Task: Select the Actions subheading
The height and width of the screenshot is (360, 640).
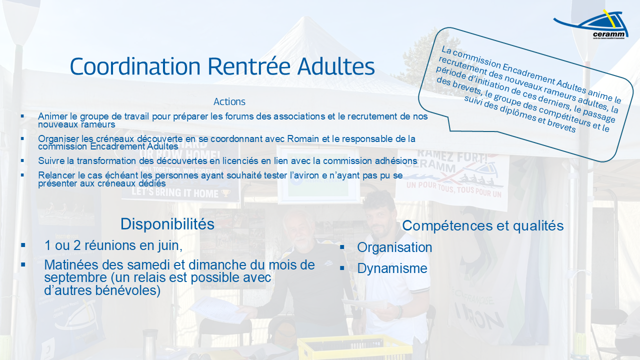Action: (229, 101)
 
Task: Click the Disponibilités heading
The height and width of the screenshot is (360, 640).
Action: (167, 224)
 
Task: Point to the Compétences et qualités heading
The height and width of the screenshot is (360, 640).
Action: (482, 226)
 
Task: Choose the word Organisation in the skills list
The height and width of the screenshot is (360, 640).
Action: (394, 247)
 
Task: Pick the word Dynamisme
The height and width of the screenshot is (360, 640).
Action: (392, 268)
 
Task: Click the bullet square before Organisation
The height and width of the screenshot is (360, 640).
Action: (342, 247)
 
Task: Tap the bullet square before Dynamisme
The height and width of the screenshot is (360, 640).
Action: (342, 268)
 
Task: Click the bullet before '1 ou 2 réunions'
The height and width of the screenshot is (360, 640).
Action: (23, 245)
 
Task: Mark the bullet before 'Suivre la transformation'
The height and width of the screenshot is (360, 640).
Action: (22, 160)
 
